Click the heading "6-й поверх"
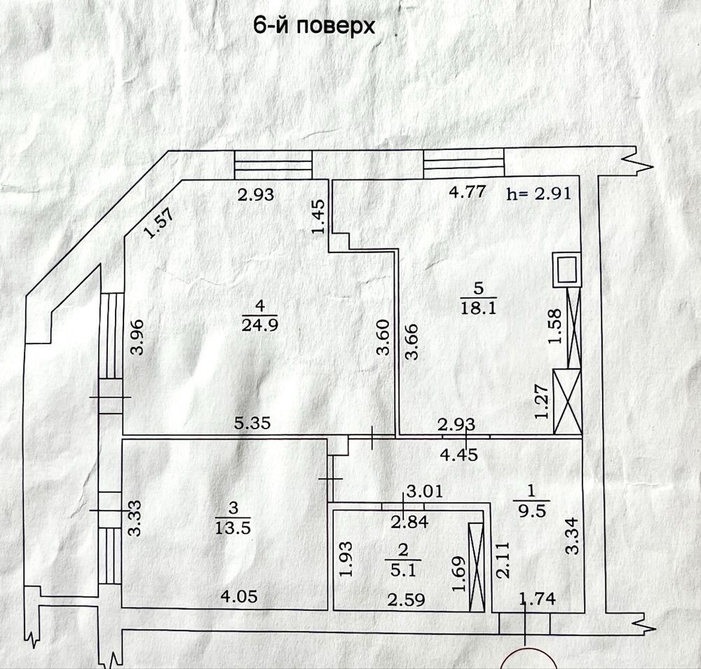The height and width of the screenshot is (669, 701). (x=313, y=27)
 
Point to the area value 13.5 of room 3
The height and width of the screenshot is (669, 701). (x=234, y=527)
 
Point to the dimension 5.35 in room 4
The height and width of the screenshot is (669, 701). (x=252, y=423)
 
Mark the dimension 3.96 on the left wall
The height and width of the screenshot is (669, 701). (x=137, y=337)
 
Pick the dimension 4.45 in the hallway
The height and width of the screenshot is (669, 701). (x=459, y=454)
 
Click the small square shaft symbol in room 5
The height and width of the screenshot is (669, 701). (x=566, y=268)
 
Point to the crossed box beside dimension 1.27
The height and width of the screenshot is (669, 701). (x=568, y=400)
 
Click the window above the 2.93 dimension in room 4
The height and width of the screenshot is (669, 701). (x=273, y=165)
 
